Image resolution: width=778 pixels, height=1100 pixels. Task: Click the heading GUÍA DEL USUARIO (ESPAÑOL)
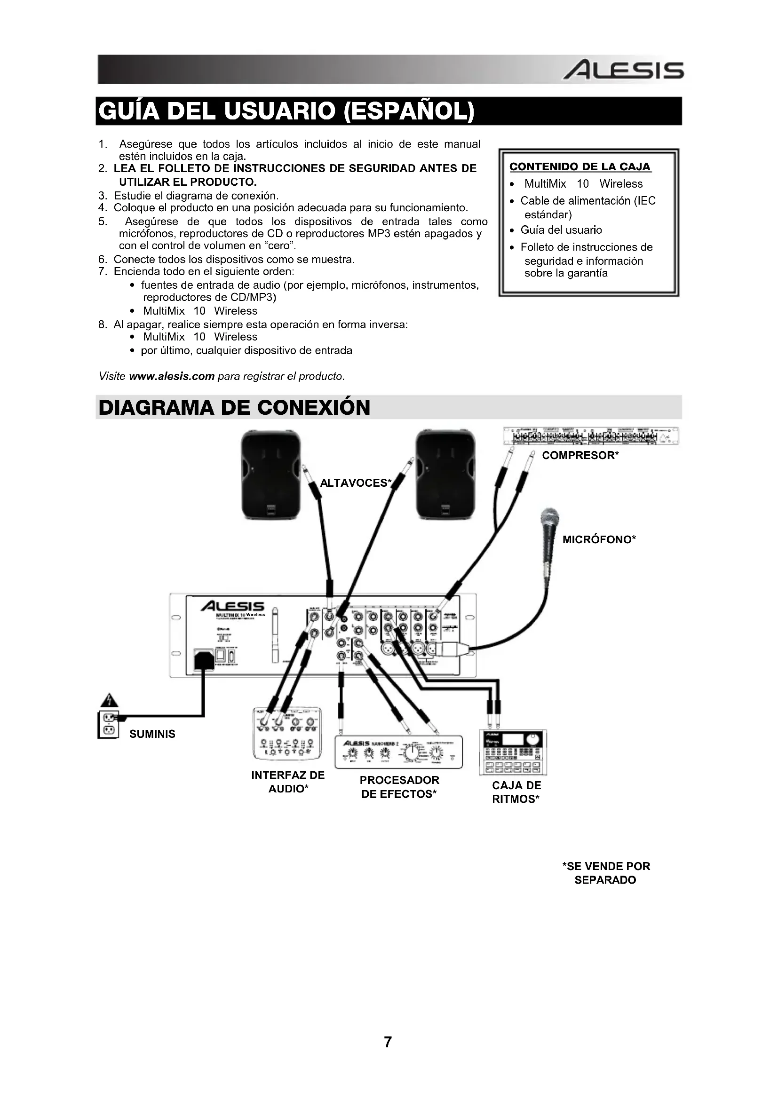(286, 111)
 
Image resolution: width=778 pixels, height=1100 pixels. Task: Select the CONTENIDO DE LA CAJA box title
(580, 167)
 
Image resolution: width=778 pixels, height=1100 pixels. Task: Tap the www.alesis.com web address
(172, 376)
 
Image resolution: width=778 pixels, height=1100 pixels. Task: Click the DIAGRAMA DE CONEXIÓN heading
(234, 408)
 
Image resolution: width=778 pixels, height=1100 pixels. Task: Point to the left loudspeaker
(270, 475)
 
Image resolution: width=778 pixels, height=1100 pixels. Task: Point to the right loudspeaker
(445, 475)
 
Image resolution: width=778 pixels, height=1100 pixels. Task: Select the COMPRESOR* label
(580, 455)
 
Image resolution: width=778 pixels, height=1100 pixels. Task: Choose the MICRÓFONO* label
(599, 539)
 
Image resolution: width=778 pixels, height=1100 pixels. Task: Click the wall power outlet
(108, 724)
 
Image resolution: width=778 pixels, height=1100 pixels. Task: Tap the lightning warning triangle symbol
(109, 700)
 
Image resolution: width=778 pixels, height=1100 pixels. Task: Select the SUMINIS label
(152, 734)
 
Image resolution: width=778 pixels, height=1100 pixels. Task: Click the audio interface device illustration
(287, 734)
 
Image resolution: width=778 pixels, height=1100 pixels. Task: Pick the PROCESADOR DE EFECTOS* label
(399, 787)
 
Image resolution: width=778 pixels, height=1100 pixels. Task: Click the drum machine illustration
(513, 752)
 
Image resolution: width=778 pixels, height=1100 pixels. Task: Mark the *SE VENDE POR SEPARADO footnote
(605, 873)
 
